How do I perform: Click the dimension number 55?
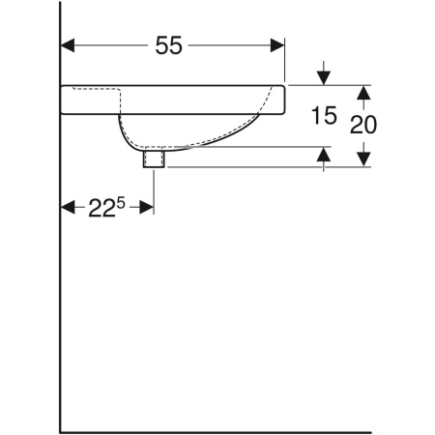pyautogui.click(x=168, y=45)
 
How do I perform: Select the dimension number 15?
pyautogui.click(x=324, y=116)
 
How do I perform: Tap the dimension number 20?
pyautogui.click(x=363, y=125)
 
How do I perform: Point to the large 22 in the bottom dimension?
pyautogui.click(x=101, y=208)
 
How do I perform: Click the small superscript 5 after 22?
pyautogui.click(x=121, y=203)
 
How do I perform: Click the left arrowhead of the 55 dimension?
pyautogui.click(x=68, y=45)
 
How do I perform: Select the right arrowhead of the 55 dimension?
pyautogui.click(x=277, y=45)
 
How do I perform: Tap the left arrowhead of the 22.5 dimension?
pyautogui.click(x=68, y=207)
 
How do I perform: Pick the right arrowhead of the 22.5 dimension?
pyautogui.click(x=147, y=207)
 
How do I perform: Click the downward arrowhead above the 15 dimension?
pyautogui.click(x=324, y=78)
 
